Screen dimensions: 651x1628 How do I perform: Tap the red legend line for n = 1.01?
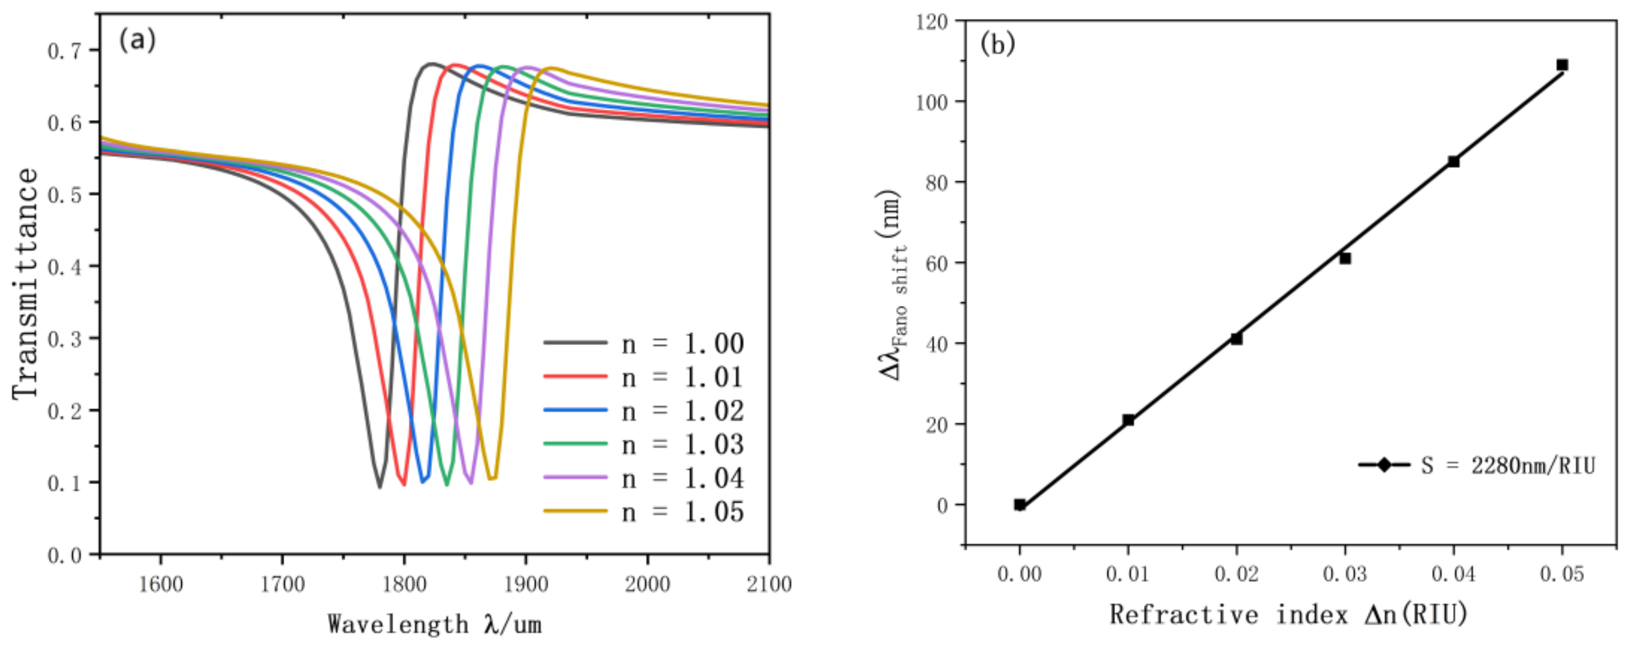(575, 376)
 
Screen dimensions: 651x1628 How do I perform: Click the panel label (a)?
(136, 41)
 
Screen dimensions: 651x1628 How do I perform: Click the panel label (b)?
(998, 44)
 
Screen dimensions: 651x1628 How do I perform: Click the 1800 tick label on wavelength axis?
(404, 584)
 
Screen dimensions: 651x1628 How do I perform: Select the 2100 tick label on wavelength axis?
(769, 584)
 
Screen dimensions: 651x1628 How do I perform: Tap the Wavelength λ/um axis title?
(435, 625)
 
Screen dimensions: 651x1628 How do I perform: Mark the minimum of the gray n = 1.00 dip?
(379, 487)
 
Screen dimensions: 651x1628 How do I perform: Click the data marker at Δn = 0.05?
(1562, 65)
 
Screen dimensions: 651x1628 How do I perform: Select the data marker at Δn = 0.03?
(1345, 258)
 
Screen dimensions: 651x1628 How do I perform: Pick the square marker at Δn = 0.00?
(1019, 504)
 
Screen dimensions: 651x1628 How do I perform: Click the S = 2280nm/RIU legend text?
(1508, 466)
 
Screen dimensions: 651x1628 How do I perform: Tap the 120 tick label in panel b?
(932, 22)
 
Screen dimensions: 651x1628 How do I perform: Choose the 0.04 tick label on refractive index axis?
(1454, 574)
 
